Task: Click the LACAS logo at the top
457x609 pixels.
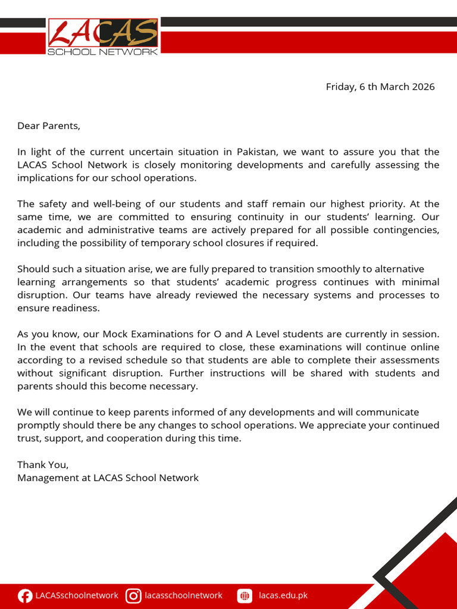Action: click(x=103, y=37)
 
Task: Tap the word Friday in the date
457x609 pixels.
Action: click(x=340, y=87)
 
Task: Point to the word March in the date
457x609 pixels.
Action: click(x=395, y=87)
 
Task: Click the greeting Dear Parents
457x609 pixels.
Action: click(x=48, y=125)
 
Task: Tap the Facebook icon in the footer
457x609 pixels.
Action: click(x=25, y=595)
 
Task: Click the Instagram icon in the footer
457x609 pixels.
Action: click(x=134, y=595)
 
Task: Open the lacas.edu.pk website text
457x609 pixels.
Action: click(x=283, y=595)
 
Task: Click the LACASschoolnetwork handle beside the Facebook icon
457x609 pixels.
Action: click(x=77, y=595)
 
